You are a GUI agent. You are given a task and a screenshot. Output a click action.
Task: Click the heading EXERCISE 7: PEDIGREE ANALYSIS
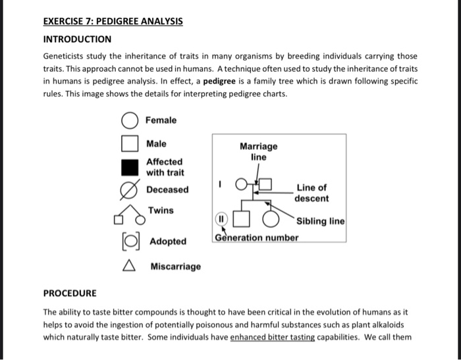point(113,21)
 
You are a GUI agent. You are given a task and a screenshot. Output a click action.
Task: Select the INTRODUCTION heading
point(77,39)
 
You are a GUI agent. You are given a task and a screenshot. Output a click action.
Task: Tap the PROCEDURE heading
point(70,293)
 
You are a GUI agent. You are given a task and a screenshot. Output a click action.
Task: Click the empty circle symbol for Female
point(130,121)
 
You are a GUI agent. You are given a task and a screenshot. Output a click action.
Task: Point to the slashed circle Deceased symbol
point(130,190)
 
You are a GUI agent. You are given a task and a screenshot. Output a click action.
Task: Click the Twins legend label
point(161,211)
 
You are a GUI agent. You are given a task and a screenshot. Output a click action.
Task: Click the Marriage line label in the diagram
point(258,152)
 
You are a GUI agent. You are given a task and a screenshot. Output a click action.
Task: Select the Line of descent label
point(312,193)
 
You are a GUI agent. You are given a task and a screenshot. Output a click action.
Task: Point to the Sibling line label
point(320,221)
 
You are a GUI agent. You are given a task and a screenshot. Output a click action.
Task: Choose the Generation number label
point(256,238)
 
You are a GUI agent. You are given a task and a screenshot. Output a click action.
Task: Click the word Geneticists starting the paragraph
point(67,57)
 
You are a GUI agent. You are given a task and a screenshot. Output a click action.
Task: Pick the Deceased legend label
point(167,190)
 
